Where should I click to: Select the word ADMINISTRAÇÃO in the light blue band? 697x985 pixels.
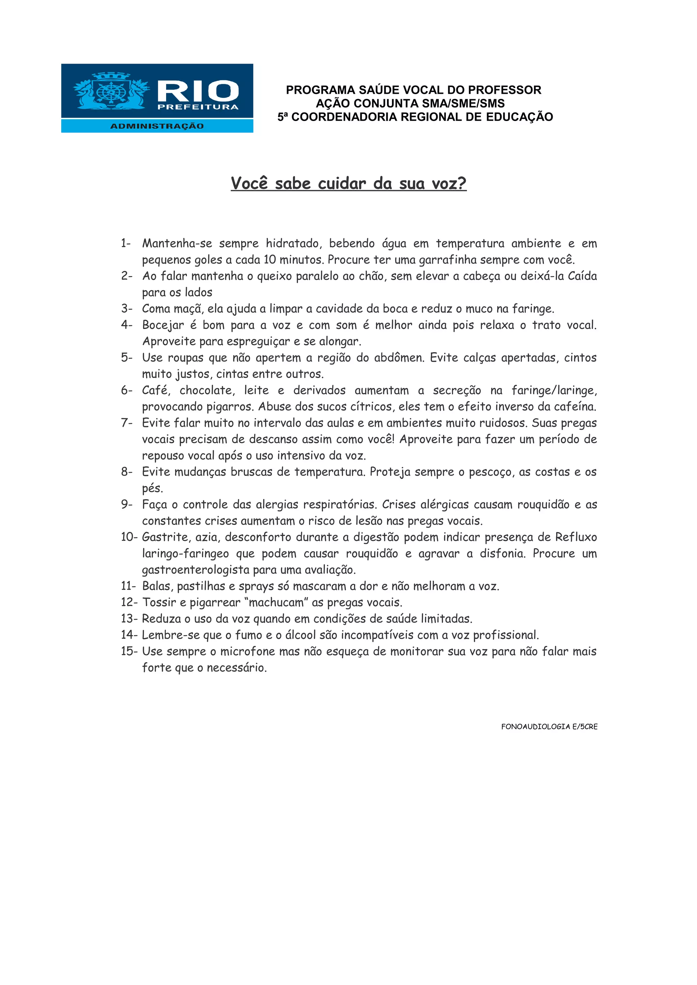157,126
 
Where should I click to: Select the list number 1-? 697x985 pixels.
126,243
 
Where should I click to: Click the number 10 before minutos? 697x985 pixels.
270,260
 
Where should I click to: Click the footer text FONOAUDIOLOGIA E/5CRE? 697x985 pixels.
549,726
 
